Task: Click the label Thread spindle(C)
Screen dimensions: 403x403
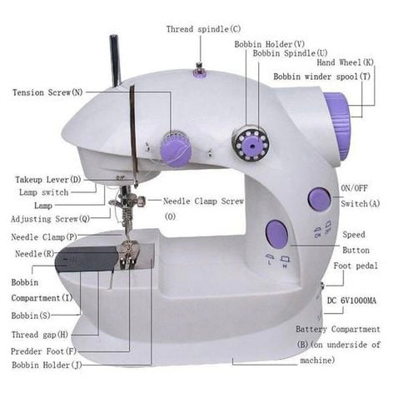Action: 203,29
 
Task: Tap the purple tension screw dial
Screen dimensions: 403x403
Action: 176,150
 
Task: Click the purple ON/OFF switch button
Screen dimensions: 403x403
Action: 320,199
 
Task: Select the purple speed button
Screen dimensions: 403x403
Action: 276,234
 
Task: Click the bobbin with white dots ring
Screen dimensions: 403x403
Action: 251,143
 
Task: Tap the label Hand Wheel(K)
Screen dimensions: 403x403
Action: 346,62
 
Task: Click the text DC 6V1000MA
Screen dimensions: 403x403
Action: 351,301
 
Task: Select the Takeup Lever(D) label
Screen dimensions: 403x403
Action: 48,180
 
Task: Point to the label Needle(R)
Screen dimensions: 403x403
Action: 35,254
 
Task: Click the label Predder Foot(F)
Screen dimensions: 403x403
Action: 43,351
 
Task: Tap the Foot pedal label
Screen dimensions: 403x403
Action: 356,266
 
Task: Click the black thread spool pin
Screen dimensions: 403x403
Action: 115,61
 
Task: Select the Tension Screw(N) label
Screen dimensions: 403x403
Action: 47,92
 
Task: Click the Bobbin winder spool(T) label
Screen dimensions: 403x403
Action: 322,77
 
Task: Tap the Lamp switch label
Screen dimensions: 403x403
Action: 43,192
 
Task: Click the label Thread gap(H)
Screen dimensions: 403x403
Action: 40,335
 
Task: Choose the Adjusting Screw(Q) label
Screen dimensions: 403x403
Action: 50,219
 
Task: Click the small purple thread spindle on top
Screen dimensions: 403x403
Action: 199,71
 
